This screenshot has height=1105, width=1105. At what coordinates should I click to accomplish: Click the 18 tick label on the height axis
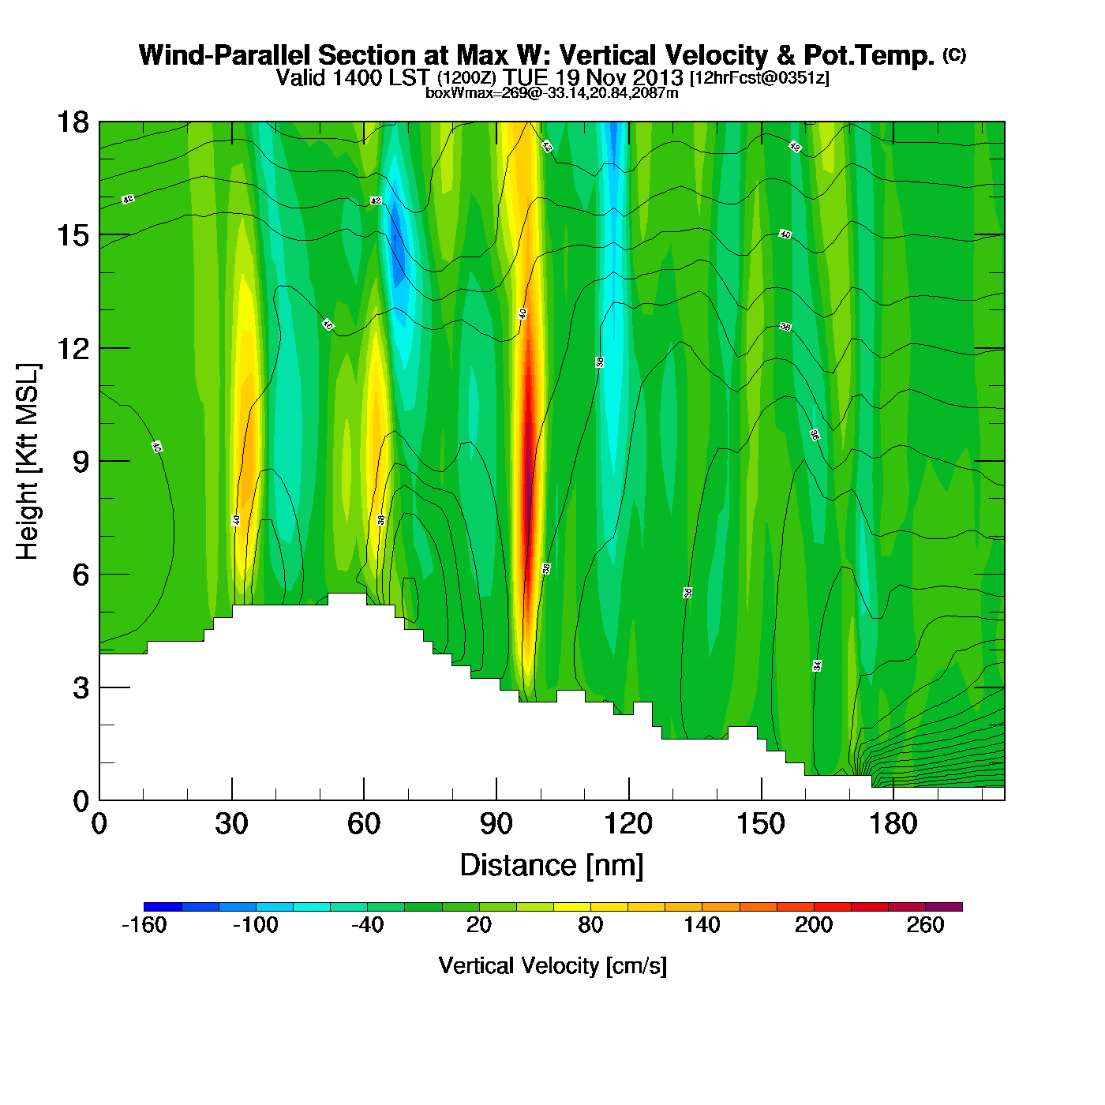[x=72, y=122]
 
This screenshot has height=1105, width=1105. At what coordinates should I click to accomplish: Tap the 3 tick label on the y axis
[x=81, y=688]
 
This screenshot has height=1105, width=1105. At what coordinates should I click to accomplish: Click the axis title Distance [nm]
[x=552, y=866]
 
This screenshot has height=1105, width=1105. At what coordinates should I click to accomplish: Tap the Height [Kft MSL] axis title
[x=28, y=462]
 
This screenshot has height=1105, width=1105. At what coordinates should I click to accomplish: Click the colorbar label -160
[x=144, y=925]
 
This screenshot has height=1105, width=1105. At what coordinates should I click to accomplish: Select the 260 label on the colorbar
[x=925, y=925]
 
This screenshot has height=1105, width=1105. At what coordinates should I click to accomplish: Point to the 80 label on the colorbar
[x=590, y=925]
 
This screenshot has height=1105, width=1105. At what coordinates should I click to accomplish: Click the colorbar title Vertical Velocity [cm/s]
[x=552, y=966]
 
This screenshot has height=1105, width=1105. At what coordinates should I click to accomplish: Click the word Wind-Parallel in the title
[x=226, y=56]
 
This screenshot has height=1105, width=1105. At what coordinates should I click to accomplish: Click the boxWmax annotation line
[x=552, y=93]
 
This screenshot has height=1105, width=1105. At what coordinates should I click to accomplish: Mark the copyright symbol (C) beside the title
[x=954, y=54]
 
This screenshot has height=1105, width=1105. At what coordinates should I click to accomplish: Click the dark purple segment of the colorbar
[x=944, y=907]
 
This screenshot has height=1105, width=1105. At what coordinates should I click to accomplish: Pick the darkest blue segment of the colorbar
[x=163, y=907]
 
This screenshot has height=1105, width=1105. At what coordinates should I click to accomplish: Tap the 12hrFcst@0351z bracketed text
[x=759, y=78]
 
